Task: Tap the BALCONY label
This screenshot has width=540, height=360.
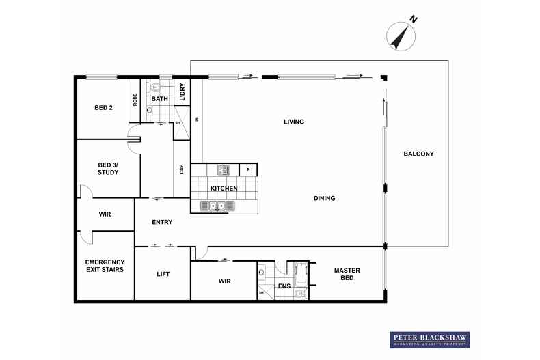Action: click(x=418, y=154)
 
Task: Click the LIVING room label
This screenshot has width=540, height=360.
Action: click(x=294, y=122)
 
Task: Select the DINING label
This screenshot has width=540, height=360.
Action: click(x=324, y=199)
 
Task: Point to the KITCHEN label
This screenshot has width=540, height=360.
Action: click(x=224, y=188)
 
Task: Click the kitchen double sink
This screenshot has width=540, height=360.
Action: click(x=217, y=206)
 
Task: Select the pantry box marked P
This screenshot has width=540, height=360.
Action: click(x=248, y=169)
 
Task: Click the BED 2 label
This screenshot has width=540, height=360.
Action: click(x=104, y=107)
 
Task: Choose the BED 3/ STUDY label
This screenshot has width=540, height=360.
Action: click(x=108, y=169)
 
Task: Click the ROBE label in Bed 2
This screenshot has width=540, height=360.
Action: click(x=135, y=100)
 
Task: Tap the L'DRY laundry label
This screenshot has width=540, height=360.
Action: click(x=182, y=92)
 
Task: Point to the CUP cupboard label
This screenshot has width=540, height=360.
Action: click(x=181, y=169)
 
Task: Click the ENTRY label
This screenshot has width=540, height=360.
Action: click(x=162, y=222)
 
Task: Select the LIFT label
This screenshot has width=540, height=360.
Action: click(x=163, y=274)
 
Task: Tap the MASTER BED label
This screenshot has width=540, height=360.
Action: click(x=347, y=275)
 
